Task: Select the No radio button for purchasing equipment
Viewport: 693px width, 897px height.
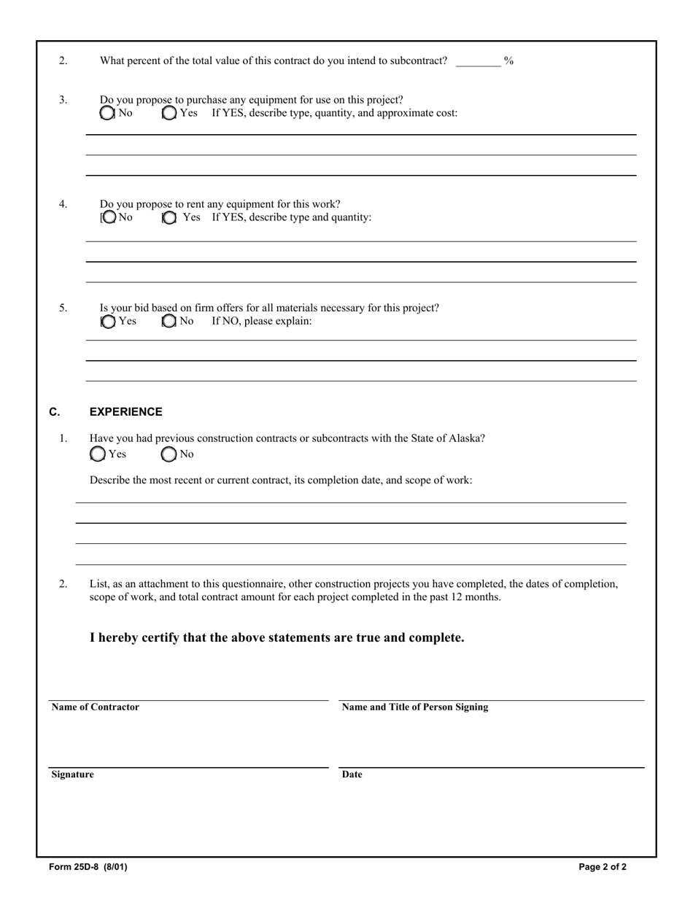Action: click(x=108, y=113)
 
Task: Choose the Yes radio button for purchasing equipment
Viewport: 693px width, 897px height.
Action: click(x=169, y=113)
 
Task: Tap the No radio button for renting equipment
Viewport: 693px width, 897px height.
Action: click(x=109, y=217)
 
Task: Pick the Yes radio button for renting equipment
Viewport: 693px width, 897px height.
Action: click(x=169, y=217)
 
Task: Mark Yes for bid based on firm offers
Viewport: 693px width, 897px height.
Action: click(x=109, y=322)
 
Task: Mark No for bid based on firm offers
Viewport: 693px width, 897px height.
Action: click(x=169, y=322)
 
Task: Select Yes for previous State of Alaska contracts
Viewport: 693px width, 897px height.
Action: click(x=98, y=454)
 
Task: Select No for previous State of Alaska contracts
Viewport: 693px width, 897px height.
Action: click(x=169, y=454)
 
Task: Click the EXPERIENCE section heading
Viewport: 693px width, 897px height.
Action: click(x=125, y=412)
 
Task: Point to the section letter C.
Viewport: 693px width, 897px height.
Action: click(x=55, y=412)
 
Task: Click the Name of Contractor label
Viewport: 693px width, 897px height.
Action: click(x=95, y=707)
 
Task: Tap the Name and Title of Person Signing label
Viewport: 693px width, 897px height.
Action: click(x=415, y=707)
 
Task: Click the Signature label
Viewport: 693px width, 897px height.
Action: click(x=72, y=774)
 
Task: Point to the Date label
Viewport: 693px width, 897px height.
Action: click(x=352, y=774)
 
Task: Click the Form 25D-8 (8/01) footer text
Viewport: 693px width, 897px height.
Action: click(x=88, y=867)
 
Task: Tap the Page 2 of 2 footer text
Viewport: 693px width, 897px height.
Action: click(x=603, y=867)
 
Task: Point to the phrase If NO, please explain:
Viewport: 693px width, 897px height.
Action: click(x=262, y=321)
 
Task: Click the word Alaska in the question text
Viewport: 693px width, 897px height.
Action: click(x=465, y=438)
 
